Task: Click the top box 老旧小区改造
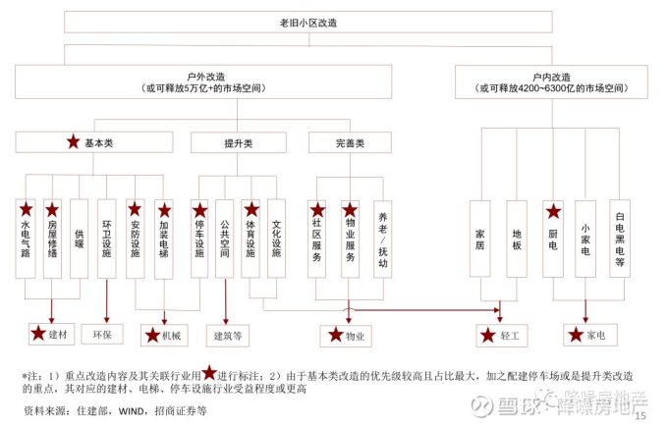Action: click(335, 22)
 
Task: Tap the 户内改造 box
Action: click(551, 80)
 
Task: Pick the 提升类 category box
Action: click(238, 142)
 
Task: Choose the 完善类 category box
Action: click(350, 142)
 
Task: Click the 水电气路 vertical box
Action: click(26, 239)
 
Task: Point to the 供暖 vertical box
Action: click(80, 239)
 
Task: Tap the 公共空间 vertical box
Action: click(225, 239)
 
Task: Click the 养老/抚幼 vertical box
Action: click(381, 239)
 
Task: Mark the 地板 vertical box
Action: click(517, 239)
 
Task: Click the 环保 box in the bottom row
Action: click(102, 335)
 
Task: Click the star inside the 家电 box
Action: click(577, 336)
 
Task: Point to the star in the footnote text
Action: click(209, 373)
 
